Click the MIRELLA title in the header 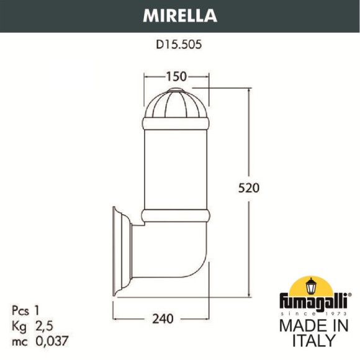180,14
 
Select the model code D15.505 180,44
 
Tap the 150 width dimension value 176,76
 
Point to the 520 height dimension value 248,187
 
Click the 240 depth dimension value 161,319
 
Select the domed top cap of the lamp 177,102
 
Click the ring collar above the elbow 177,215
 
